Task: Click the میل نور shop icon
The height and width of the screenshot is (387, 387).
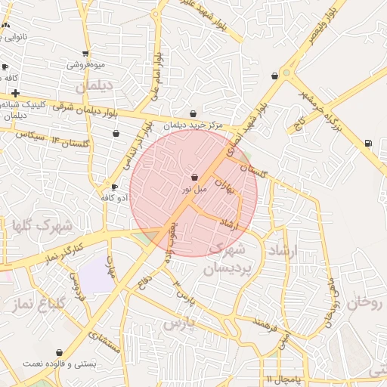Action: (x=194, y=178)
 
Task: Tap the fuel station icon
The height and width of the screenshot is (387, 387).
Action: (x=368, y=142)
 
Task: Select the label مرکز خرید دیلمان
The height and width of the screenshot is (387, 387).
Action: (x=193, y=125)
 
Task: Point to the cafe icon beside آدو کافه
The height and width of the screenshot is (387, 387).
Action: (x=114, y=187)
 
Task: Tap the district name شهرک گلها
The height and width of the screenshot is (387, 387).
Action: (x=41, y=225)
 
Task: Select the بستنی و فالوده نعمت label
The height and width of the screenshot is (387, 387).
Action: (x=60, y=364)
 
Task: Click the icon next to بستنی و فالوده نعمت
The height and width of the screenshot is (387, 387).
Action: (x=60, y=352)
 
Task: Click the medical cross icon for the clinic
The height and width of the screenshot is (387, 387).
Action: (x=15, y=93)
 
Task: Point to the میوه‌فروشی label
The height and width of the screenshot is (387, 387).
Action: (x=85, y=64)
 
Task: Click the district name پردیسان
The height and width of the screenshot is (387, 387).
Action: (x=225, y=268)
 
